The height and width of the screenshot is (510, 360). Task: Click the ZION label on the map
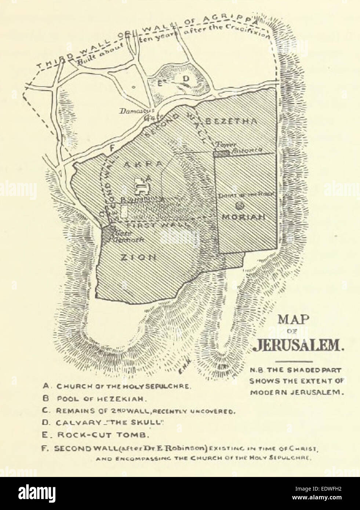tap(139, 257)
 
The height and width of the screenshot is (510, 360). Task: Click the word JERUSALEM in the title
tap(297, 345)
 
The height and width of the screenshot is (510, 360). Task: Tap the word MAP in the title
tap(292, 319)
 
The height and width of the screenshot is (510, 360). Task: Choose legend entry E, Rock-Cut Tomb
tap(96, 435)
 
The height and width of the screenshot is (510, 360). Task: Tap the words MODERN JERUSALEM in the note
tap(297, 392)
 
